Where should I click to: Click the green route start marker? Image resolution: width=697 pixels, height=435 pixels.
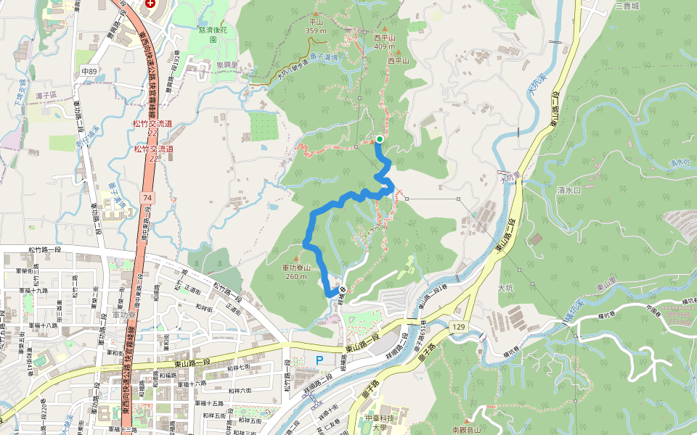coord(379,139)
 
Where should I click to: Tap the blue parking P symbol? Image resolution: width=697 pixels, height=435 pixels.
coord(319,360)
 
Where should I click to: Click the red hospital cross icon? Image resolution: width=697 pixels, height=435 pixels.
coord(150,3)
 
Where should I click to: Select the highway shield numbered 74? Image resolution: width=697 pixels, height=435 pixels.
coord(147,197)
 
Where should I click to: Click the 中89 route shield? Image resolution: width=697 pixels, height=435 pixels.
coord(89,71)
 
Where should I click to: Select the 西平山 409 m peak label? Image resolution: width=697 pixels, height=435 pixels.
coord(385,42)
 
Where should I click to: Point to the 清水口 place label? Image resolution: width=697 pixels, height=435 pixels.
coord(568,190)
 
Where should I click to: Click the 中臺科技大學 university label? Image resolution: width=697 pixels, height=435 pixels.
coord(381,422)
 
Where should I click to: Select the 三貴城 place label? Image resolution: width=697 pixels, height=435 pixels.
coord(627,5)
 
